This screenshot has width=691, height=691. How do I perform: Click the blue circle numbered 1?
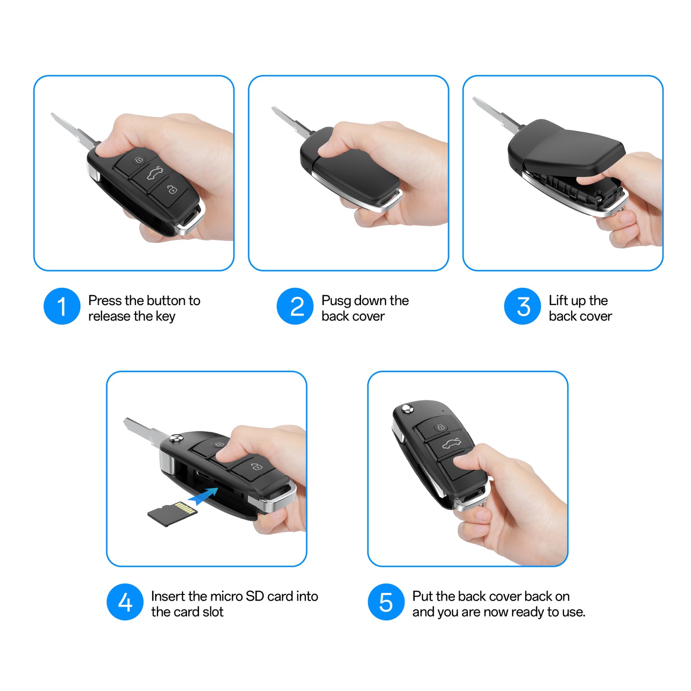[62, 306]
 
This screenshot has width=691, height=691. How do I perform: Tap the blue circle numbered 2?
[295, 306]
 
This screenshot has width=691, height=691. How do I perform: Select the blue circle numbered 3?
[522, 306]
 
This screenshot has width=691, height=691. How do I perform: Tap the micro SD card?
[173, 514]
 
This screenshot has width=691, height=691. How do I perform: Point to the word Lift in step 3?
[558, 300]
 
